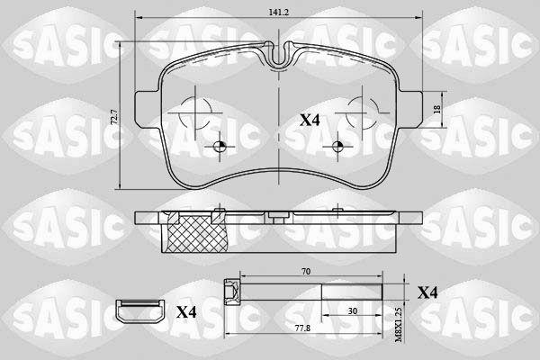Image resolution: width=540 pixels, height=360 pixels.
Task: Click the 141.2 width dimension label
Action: (x=278, y=12)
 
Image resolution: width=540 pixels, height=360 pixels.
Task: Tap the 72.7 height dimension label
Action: (x=116, y=117)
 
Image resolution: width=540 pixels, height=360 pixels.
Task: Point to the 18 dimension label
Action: (x=437, y=110)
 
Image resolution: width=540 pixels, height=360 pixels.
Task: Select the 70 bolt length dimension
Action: (x=305, y=272)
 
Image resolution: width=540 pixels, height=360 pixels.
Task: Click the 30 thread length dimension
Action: (x=352, y=311)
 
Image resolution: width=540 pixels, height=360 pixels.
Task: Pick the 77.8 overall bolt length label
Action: (x=303, y=328)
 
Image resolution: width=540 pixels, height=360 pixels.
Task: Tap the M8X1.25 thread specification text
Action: (x=398, y=325)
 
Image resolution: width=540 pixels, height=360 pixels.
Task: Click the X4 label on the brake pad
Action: (x=310, y=121)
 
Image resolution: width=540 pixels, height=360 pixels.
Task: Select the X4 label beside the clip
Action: (x=186, y=312)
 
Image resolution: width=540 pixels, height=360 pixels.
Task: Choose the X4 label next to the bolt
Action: (x=427, y=292)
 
